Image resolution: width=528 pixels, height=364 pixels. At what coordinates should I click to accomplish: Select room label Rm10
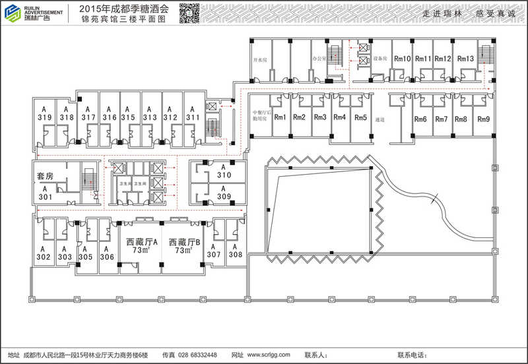pos(403,59)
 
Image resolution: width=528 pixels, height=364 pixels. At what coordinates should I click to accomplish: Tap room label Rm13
pos(466,59)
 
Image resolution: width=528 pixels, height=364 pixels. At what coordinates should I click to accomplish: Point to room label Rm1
pos(280,118)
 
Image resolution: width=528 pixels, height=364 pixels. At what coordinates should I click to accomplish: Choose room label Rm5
pos(360,118)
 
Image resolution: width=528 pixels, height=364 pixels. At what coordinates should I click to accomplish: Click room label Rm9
pos(483,119)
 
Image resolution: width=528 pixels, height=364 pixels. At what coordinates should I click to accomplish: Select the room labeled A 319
pos(44,113)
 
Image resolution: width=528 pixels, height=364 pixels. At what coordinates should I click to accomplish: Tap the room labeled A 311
pos(192,113)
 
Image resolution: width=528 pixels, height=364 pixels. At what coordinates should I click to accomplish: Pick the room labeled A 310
pos(224,172)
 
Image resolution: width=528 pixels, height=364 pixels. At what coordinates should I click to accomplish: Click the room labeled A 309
pos(224,193)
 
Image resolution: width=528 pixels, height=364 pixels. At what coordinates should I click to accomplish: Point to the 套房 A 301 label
pos(45,187)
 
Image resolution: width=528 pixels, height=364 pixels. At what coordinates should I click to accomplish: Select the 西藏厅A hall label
pos(143,246)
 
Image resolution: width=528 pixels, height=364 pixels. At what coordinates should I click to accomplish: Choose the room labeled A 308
pos(235,250)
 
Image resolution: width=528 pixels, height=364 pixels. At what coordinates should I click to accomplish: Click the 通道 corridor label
pos(379,120)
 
